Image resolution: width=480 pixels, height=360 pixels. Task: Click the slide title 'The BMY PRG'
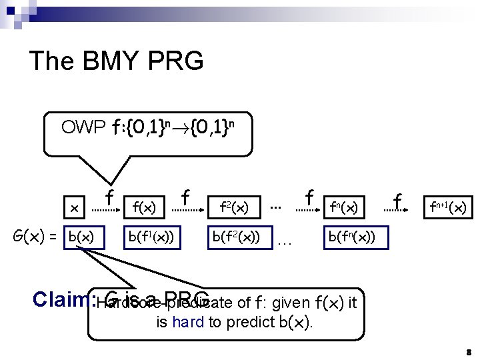click(x=116, y=61)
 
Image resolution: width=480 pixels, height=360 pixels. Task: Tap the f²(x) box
click(x=234, y=208)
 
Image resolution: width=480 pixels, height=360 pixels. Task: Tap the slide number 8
click(x=469, y=351)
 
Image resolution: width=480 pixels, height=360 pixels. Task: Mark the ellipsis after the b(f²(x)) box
click(x=285, y=241)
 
